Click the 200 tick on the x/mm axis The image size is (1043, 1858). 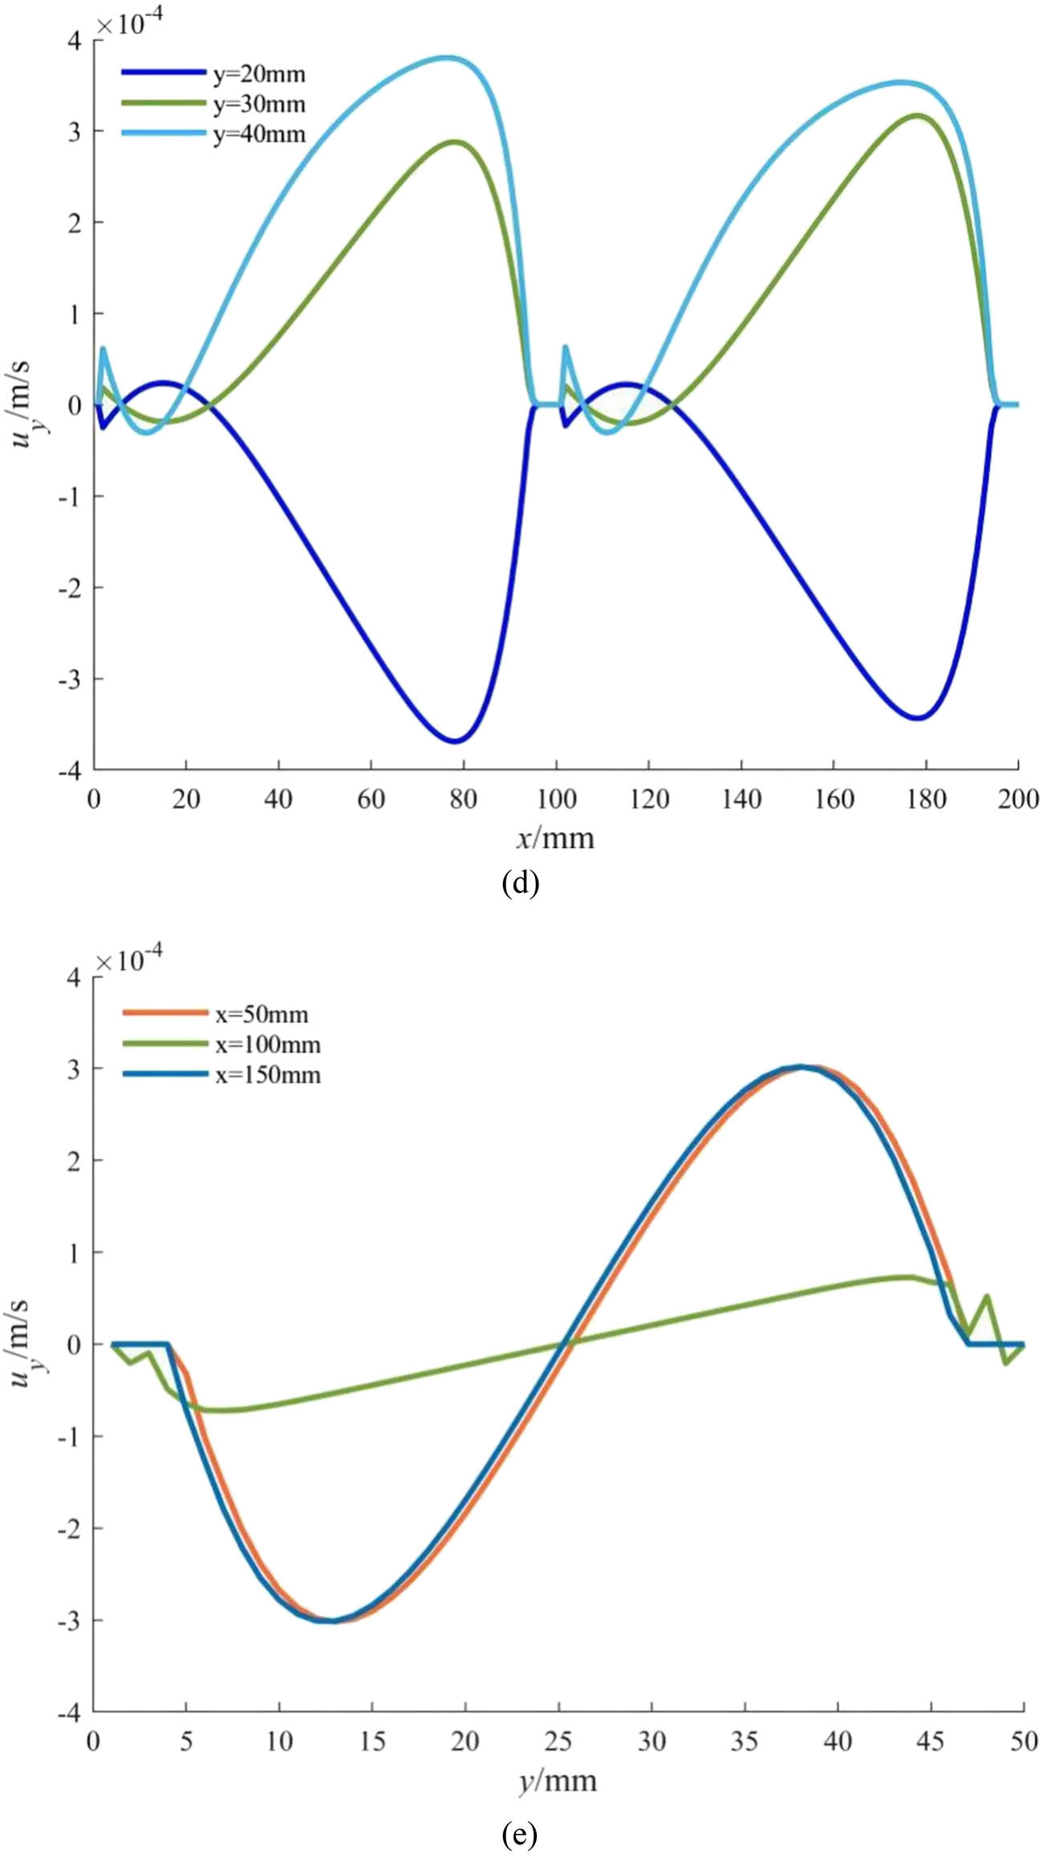(1018, 799)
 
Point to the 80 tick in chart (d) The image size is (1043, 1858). (464, 799)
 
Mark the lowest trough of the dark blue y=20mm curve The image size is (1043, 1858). (455, 740)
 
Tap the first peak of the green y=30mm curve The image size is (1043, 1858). (455, 142)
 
